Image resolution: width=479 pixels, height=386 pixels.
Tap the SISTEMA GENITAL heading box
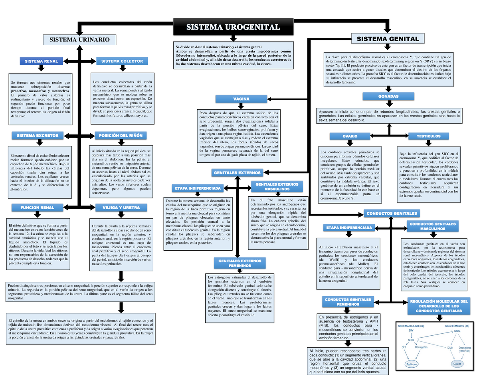(x=387, y=39)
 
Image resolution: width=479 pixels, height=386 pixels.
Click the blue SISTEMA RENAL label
(x=41, y=61)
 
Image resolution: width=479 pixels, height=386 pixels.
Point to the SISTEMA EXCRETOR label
(x=38, y=136)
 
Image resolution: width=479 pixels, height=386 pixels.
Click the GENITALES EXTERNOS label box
(x=237, y=173)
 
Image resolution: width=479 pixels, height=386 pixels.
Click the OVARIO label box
(x=349, y=137)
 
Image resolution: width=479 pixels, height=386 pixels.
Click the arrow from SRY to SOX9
(x=411, y=335)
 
